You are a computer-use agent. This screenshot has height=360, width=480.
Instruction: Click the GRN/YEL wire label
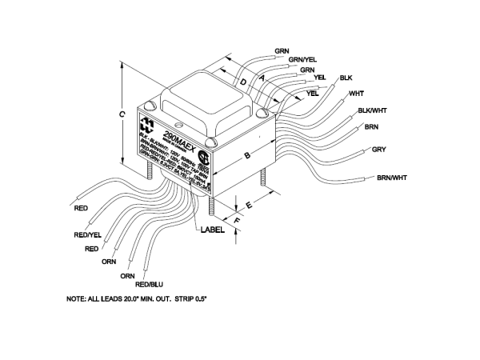[x=302, y=59]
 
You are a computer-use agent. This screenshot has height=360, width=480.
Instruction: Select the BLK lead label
[x=346, y=78]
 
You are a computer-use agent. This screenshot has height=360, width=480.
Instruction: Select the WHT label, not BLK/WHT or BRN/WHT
[x=356, y=94]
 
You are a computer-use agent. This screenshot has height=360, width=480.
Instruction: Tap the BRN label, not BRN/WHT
[x=371, y=126]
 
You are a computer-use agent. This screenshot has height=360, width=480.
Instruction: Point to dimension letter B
[x=248, y=153]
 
